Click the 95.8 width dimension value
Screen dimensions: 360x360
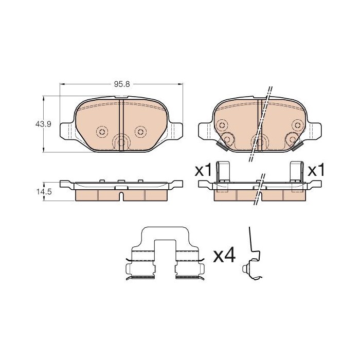(x=122, y=84)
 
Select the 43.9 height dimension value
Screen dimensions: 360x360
(x=43, y=124)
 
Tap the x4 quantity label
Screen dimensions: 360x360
(x=224, y=256)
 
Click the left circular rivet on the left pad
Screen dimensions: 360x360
(x=102, y=132)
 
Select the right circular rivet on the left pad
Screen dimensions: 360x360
(x=140, y=132)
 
